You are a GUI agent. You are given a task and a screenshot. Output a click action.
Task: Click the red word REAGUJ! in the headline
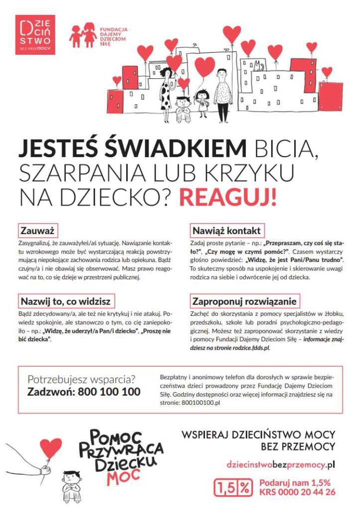[227, 197]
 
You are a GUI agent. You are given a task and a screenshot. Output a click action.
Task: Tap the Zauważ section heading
[38, 231]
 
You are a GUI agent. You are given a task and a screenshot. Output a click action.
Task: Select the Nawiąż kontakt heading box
[226, 231]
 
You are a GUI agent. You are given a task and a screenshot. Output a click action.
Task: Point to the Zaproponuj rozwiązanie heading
[244, 301]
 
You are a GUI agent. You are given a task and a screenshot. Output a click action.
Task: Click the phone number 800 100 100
[109, 392]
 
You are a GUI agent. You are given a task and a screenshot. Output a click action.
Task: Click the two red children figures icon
[83, 34]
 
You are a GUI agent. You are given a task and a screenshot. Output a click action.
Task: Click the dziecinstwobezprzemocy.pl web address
[280, 464]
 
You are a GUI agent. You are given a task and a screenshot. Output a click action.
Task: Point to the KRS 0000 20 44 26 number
[297, 492]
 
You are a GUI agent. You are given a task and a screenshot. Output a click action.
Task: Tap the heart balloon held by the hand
[51, 447]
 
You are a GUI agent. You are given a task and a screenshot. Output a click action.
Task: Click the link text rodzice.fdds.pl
[253, 347]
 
